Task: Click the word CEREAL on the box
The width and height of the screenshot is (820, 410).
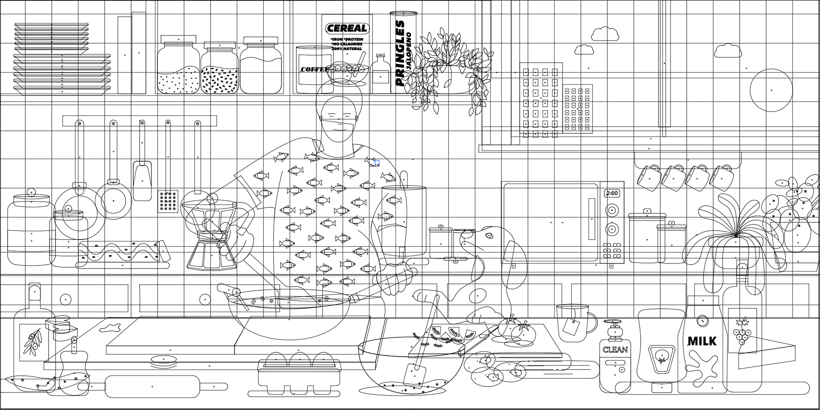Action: pyautogui.click(x=347, y=29)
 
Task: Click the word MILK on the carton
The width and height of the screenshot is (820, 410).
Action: pyautogui.click(x=702, y=341)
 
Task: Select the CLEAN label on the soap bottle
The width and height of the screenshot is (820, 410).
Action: pyautogui.click(x=615, y=350)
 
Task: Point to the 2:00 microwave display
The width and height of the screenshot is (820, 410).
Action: pyautogui.click(x=612, y=193)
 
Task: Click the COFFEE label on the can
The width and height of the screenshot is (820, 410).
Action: pyautogui.click(x=314, y=69)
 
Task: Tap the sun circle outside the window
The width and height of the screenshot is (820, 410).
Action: pyautogui.click(x=771, y=90)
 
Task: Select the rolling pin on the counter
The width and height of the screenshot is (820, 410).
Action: pyautogui.click(x=152, y=386)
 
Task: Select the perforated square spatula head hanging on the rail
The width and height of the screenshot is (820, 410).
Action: pyautogui.click(x=168, y=201)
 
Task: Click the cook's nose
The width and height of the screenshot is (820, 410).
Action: pyautogui.click(x=339, y=119)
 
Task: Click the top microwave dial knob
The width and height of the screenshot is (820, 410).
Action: pyautogui.click(x=612, y=210)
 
